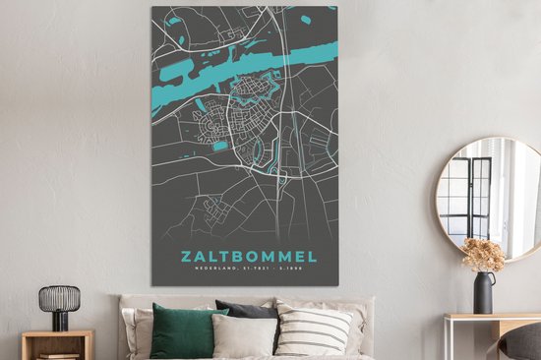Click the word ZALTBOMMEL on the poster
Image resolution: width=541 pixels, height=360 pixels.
pos(248,258)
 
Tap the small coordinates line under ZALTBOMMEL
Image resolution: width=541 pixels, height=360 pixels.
pos(248,273)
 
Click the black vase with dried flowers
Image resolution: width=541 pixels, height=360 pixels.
pos(484,293)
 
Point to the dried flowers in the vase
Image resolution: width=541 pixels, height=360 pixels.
pos(483,255)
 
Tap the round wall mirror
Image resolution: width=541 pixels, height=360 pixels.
pos(489,197)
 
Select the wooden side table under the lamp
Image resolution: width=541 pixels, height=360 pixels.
pos(56,343)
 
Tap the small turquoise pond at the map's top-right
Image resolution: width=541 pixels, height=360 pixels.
pos(306,19)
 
